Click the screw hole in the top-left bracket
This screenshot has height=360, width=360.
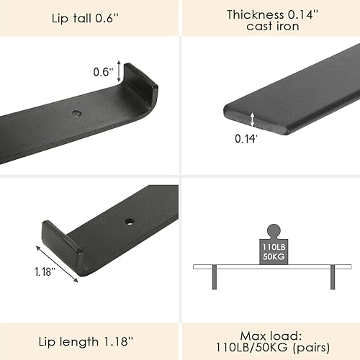click(76, 113)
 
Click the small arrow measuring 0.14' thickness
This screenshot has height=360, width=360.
click(253, 119)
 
